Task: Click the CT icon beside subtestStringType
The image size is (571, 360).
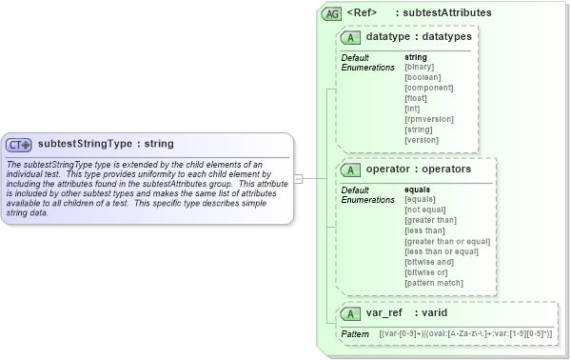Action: (x=19, y=145)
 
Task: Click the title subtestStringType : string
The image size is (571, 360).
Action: (x=106, y=145)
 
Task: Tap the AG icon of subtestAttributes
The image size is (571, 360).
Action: (x=332, y=14)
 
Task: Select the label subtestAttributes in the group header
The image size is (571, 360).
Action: (x=447, y=13)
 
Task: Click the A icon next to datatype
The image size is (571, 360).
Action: (x=351, y=37)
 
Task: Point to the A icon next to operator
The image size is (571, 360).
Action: (x=351, y=170)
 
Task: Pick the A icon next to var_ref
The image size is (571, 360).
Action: (x=351, y=312)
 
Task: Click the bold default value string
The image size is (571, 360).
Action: (x=416, y=58)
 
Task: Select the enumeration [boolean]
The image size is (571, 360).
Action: (x=423, y=78)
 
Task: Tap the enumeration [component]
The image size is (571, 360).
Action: (x=428, y=89)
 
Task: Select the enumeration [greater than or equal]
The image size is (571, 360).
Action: (x=447, y=242)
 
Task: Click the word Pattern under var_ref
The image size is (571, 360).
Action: (x=354, y=334)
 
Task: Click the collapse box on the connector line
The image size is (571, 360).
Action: (x=298, y=178)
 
